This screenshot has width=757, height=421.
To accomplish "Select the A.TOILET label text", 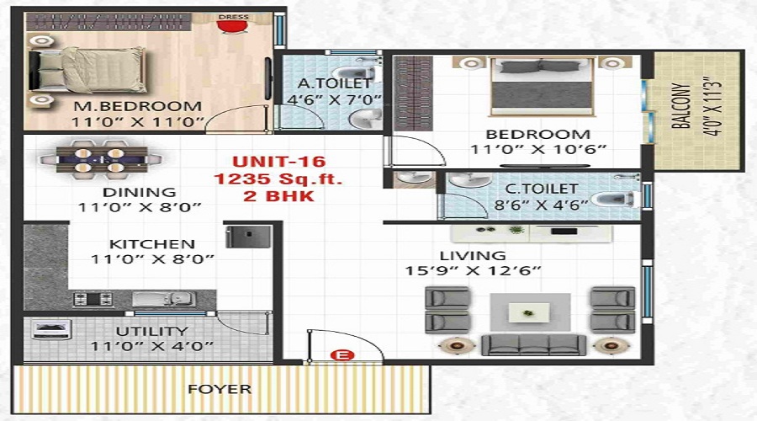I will click(323, 83).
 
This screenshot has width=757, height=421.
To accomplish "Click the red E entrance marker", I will click(341, 355).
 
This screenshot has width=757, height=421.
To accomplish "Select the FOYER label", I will click(219, 389).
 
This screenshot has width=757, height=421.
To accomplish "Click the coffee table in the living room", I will click(529, 313).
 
